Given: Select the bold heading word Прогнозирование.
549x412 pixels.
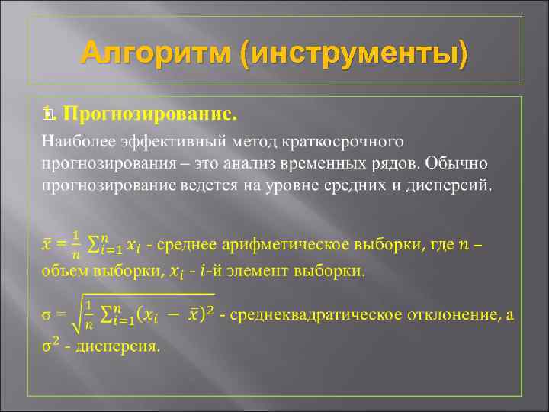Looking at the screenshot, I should pos(149,115).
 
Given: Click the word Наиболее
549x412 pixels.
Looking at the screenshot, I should pos(71,142).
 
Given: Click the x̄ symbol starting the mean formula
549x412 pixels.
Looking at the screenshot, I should pos(46,244).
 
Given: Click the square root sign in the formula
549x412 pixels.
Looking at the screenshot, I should pos(76,317).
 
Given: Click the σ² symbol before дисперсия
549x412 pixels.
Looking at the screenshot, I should pos(49,345).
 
